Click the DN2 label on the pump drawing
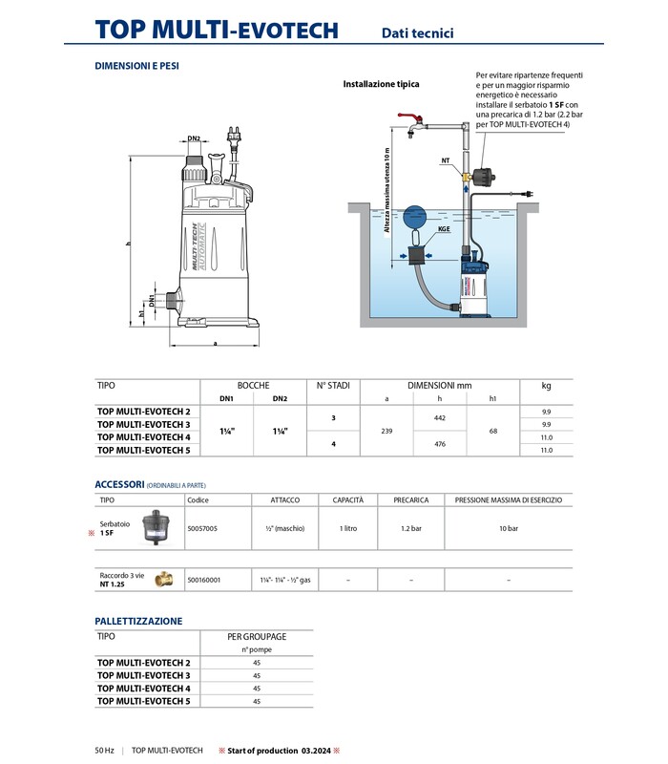(x=194, y=138)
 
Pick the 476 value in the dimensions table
(x=440, y=443)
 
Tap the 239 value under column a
(x=386, y=431)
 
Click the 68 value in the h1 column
(x=492, y=431)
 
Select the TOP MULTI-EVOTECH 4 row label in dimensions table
(x=144, y=436)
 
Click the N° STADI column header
(x=333, y=386)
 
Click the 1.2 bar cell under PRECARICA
(x=410, y=527)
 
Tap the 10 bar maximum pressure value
(x=509, y=527)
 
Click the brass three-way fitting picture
(x=162, y=580)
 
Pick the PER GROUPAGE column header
(x=257, y=635)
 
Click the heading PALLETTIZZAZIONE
(x=138, y=621)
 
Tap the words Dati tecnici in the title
(x=418, y=33)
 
